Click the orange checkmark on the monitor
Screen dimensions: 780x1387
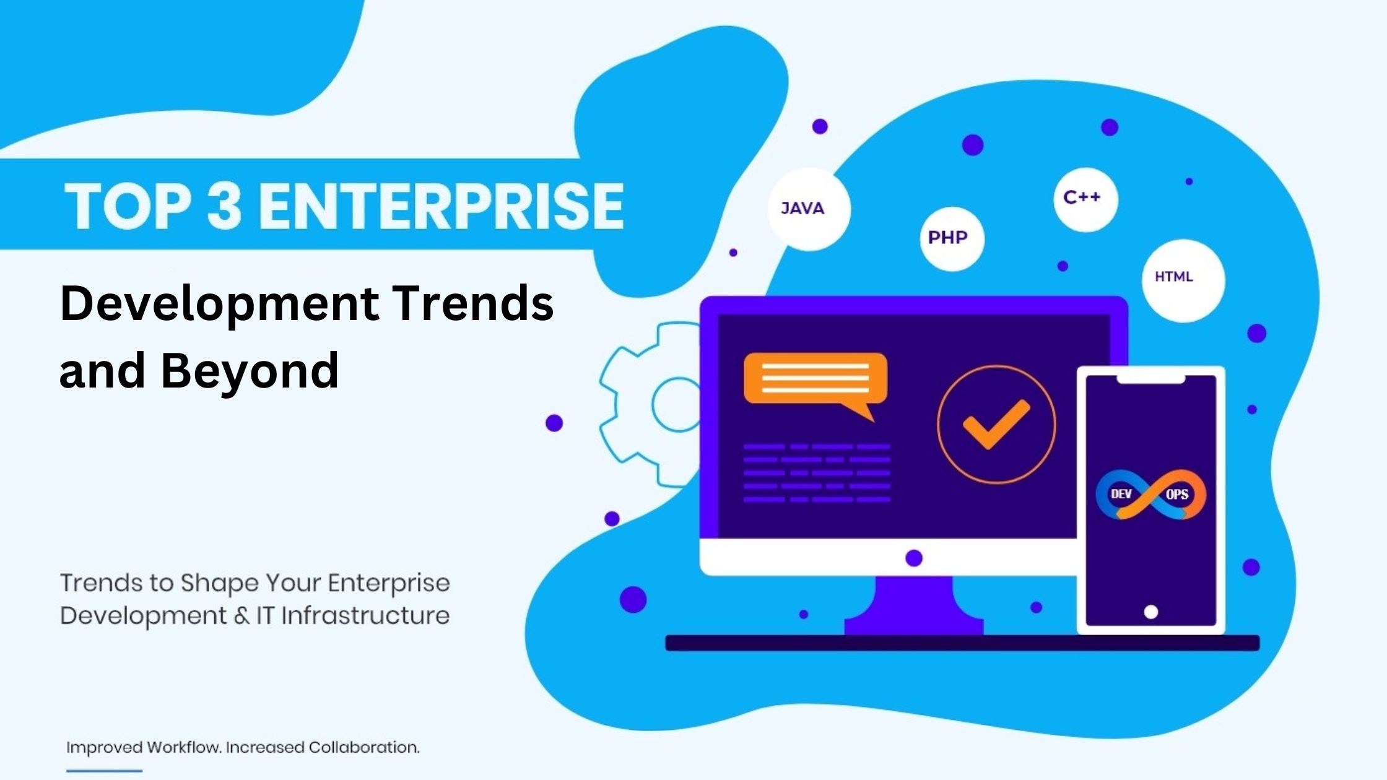pyautogui.click(x=996, y=424)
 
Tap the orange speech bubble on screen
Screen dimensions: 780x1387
pyautogui.click(x=815, y=379)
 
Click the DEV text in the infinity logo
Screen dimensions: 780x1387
pyautogui.click(x=1121, y=494)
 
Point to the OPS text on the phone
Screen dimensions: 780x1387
pyautogui.click(x=1177, y=495)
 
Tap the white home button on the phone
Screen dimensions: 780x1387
pyautogui.click(x=1150, y=612)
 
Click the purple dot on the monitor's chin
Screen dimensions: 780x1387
pyautogui.click(x=914, y=558)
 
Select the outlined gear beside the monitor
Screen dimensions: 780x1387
pyautogui.click(x=650, y=402)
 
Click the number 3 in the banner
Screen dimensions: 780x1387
pyautogui.click(x=224, y=206)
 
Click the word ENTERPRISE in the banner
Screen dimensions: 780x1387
pyautogui.click(x=441, y=206)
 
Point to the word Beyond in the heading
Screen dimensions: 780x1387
pyautogui.click(x=250, y=371)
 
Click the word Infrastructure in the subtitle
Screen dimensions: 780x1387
pyautogui.click(x=365, y=616)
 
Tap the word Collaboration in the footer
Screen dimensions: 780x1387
pyautogui.click(x=363, y=747)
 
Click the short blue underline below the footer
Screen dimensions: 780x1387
pyautogui.click(x=104, y=771)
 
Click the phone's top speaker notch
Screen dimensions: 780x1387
pyautogui.click(x=1150, y=379)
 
